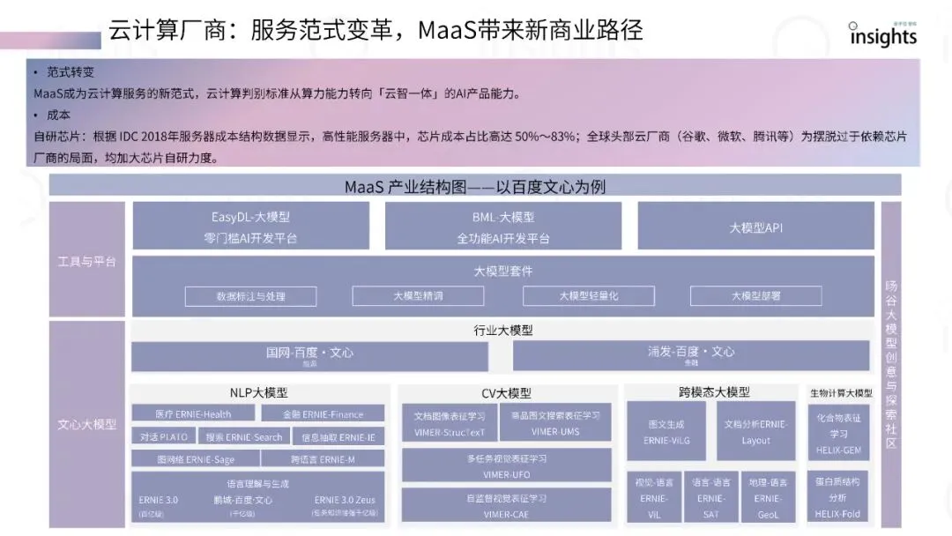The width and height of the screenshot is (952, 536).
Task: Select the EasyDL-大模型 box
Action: pyautogui.click(x=250, y=227)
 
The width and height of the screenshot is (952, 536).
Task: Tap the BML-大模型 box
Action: pyautogui.click(x=502, y=227)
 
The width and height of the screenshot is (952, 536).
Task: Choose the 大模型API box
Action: pyautogui.click(x=755, y=227)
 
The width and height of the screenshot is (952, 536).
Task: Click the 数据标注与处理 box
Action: pyautogui.click(x=251, y=296)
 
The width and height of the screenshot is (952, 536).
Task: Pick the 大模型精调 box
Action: pyautogui.click(x=419, y=296)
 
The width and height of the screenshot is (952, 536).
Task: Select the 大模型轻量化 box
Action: pyautogui.click(x=588, y=296)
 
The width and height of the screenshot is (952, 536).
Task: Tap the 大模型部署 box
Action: pyautogui.click(x=755, y=296)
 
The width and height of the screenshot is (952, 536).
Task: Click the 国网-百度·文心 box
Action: pyautogui.click(x=309, y=355)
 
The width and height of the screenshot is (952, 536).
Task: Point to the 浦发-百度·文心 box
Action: pyautogui.click(x=691, y=355)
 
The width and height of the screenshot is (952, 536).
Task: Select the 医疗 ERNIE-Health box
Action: pyautogui.click(x=193, y=413)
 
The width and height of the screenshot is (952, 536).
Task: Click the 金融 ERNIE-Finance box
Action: pyautogui.click(x=323, y=413)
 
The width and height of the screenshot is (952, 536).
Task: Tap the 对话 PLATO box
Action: pyautogui.click(x=163, y=436)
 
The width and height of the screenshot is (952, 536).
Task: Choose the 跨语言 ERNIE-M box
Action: pyautogui.click(x=323, y=458)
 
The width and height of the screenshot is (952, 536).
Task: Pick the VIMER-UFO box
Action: pyautogui.click(x=506, y=465)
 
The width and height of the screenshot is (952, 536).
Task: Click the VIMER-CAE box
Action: pyautogui.click(x=506, y=505)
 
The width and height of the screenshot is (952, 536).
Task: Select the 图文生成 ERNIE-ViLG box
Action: pyautogui.click(x=666, y=431)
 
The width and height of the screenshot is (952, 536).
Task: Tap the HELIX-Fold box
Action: pyautogui.click(x=838, y=496)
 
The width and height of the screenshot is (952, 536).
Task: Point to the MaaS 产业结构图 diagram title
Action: pyautogui.click(x=475, y=186)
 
